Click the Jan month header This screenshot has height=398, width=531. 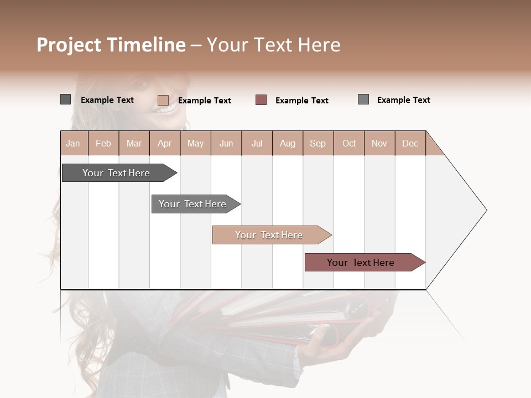tap(74, 143)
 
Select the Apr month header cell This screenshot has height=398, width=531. tap(164, 143)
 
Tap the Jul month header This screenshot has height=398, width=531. tap(257, 143)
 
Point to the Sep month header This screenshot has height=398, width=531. tap(317, 143)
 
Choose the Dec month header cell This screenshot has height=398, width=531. tap(410, 143)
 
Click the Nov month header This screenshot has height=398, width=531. tap(379, 143)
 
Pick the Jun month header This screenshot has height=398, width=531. tap(226, 143)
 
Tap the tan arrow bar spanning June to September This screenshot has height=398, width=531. tap(270, 235)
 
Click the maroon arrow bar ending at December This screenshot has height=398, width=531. tap(362, 263)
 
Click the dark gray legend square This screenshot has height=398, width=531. tap(65, 99)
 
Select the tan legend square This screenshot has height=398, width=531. tap(163, 100)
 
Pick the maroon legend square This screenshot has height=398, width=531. tap(261, 100)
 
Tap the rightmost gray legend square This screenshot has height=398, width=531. tap(363, 99)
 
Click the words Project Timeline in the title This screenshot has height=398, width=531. tap(111, 45)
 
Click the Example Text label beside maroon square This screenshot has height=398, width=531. tap(301, 101)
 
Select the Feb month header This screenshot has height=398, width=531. tap(103, 143)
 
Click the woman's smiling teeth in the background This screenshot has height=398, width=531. tap(165, 109)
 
